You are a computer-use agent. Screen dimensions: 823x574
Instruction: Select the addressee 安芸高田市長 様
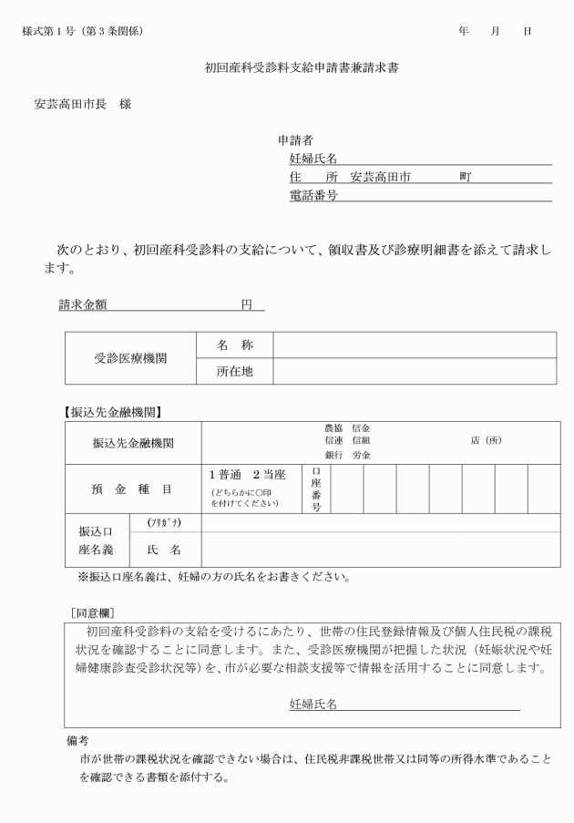pos(83,104)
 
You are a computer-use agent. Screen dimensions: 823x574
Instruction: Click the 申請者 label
pos(296,140)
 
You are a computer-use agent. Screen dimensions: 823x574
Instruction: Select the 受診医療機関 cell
pos(130,359)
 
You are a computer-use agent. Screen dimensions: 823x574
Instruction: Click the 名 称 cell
pos(234,345)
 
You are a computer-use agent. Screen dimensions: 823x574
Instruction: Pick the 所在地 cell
pos(234,372)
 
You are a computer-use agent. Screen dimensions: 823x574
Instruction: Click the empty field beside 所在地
pos(415,372)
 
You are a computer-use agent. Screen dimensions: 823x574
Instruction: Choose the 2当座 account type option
pos(269,474)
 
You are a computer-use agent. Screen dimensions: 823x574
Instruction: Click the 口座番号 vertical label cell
pos(316,489)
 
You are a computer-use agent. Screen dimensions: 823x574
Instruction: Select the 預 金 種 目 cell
pos(131,489)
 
